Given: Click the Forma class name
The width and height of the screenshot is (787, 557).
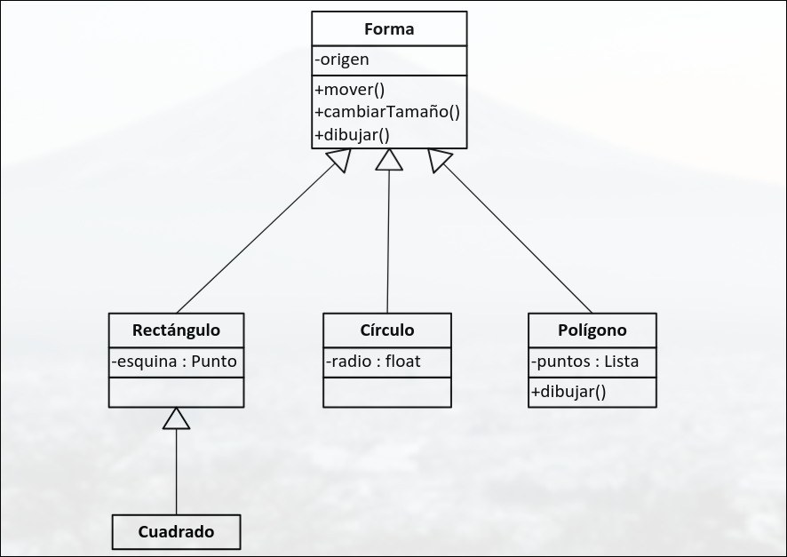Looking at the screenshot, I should click(x=389, y=29).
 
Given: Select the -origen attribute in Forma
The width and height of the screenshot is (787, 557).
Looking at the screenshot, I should click(x=342, y=60).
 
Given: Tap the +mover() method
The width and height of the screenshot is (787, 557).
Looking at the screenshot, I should click(x=349, y=89).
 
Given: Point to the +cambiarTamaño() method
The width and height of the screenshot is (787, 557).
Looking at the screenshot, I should click(x=386, y=112).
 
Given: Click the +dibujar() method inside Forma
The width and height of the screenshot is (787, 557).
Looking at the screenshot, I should click(x=352, y=136).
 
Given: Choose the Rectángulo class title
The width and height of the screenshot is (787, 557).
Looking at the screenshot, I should click(x=176, y=330).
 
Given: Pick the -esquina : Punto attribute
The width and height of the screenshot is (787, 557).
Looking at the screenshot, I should click(x=175, y=362).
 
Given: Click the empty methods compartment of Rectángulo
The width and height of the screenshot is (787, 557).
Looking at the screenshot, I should click(x=176, y=392).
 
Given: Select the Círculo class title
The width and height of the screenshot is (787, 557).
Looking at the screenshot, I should click(x=387, y=330).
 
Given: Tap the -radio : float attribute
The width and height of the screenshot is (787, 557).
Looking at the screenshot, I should click(x=372, y=362).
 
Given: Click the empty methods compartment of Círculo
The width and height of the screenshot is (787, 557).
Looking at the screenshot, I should click(x=387, y=392).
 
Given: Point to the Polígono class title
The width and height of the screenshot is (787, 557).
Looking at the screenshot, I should click(x=592, y=330).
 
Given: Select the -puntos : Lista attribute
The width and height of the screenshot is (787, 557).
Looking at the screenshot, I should click(x=584, y=362).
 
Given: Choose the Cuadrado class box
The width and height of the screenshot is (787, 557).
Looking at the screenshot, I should click(x=176, y=532).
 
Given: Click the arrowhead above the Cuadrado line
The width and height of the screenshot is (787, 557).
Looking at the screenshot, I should click(x=177, y=418).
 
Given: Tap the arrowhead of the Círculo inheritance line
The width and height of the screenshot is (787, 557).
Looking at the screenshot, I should click(x=389, y=159).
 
